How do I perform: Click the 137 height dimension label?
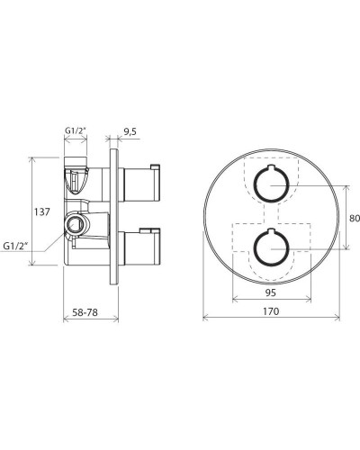(x=41, y=212)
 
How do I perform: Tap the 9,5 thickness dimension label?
(x=130, y=131)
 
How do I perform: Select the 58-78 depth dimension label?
(x=85, y=312)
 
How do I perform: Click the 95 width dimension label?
(x=271, y=292)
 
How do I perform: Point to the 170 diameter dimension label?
(x=271, y=311)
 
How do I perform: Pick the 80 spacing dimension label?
(x=355, y=218)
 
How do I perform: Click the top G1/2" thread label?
(x=76, y=130)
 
